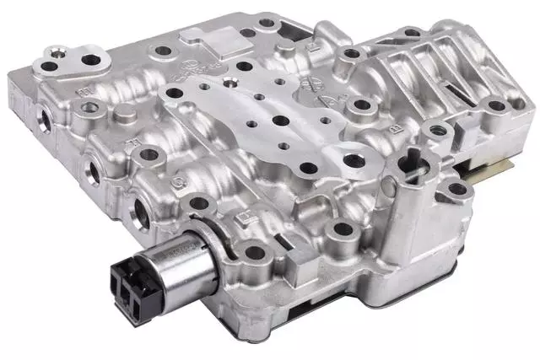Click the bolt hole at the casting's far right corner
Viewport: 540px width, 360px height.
(504, 107)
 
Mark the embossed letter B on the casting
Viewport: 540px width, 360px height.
(394, 127)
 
